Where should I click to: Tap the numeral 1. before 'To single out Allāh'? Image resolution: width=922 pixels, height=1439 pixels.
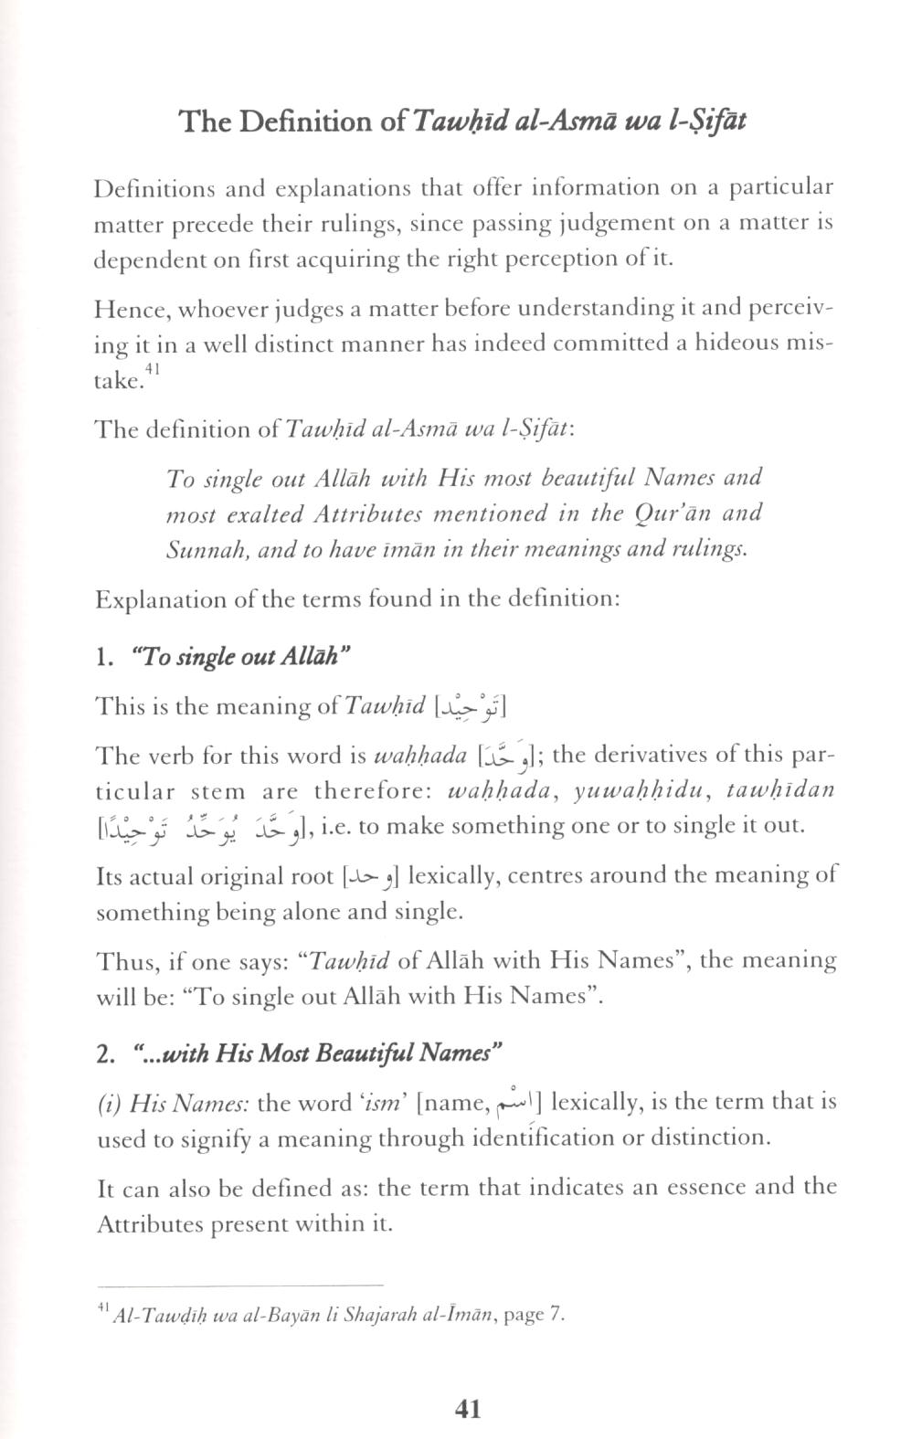103,657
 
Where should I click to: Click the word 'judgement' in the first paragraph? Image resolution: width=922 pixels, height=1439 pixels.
610,223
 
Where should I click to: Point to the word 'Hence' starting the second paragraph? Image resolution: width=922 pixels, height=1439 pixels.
129,308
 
